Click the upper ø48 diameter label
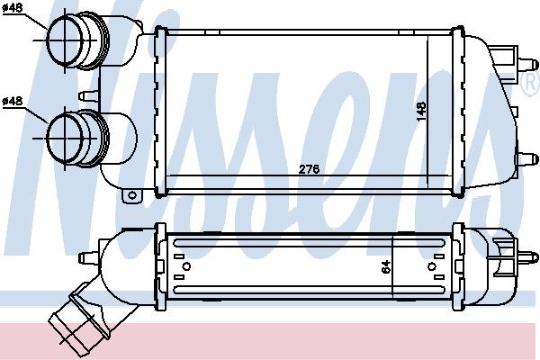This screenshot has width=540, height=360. tap(13, 8)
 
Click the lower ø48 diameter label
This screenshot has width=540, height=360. tap(13, 101)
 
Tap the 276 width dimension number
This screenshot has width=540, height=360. tap(309, 169)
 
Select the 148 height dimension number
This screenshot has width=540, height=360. tap(421, 112)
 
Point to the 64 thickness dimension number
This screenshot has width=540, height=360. tap(386, 266)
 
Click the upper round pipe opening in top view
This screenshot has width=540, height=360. tap(65, 40)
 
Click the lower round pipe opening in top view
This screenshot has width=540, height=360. tap(65, 138)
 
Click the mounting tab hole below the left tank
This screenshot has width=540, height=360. tap(132, 195)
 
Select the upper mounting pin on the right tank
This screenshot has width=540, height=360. tap(528, 65)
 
